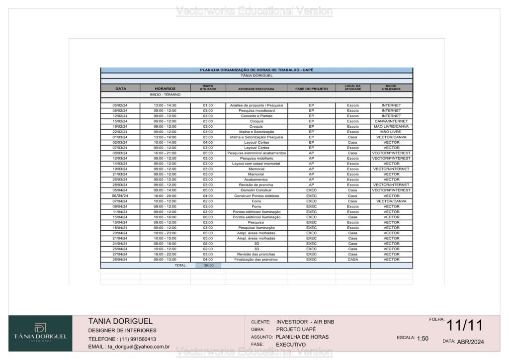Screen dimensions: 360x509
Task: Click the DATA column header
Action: point(120,89)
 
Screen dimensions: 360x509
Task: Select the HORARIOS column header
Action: point(165,89)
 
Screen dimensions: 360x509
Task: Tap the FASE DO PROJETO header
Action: point(312,89)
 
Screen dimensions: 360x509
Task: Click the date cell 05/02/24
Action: point(120,105)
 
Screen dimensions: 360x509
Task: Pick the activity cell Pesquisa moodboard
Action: point(256,110)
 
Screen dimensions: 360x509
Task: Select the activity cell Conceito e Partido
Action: point(256,116)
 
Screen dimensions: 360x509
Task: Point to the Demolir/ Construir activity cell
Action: point(256,190)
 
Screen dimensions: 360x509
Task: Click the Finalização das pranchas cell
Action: point(256,260)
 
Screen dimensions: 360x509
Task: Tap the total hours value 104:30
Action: point(208,266)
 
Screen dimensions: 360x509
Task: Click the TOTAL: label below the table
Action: point(180,266)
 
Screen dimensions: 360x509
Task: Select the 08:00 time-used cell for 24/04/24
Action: point(208,244)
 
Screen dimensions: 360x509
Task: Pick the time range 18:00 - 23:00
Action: point(165,233)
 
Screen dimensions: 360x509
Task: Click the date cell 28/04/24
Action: point(120,260)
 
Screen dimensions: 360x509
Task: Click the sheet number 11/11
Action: point(465,326)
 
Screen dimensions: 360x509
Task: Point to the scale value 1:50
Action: point(423,339)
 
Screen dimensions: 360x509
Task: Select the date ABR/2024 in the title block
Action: point(470,342)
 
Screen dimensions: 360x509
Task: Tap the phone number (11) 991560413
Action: point(137,339)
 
